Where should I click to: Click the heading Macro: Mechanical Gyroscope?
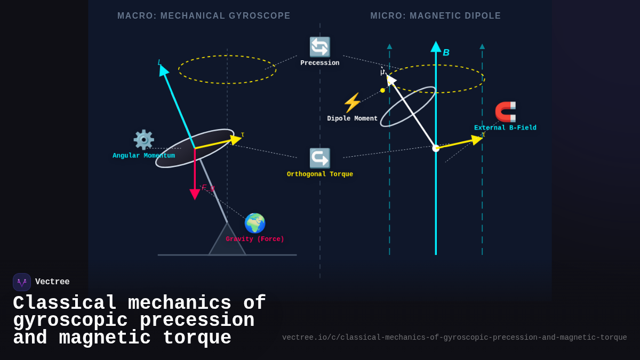click(204, 16)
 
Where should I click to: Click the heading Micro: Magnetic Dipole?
click(436, 16)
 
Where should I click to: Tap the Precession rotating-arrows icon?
click(320, 47)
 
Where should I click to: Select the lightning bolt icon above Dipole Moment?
click(352, 103)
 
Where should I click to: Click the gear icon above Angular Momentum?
click(143, 140)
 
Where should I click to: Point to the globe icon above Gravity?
click(255, 223)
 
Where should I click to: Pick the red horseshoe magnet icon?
click(505, 112)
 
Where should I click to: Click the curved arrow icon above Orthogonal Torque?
click(320, 158)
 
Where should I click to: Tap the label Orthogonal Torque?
click(320, 174)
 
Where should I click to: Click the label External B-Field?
click(505, 128)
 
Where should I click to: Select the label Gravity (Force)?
click(255, 239)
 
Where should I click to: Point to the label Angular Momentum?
click(143, 156)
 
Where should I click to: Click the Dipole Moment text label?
click(352, 119)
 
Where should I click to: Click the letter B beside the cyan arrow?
click(446, 53)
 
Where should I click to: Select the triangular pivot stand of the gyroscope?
click(227, 242)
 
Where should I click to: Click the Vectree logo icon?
click(22, 282)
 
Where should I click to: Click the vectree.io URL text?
click(454, 338)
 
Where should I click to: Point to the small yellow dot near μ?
click(382, 91)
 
